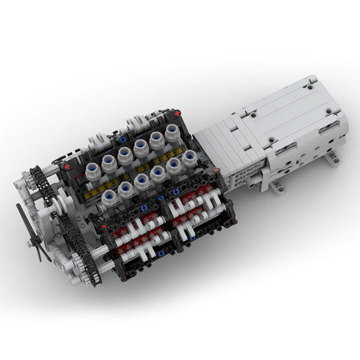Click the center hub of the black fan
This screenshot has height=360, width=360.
(x=35, y=231)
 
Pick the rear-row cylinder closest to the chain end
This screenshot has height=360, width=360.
(x=109, y=161)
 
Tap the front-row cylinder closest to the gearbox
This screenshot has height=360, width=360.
(x=188, y=160)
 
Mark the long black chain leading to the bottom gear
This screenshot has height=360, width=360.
(x=74, y=235)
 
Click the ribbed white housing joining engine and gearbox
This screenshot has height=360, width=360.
(x=227, y=149)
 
